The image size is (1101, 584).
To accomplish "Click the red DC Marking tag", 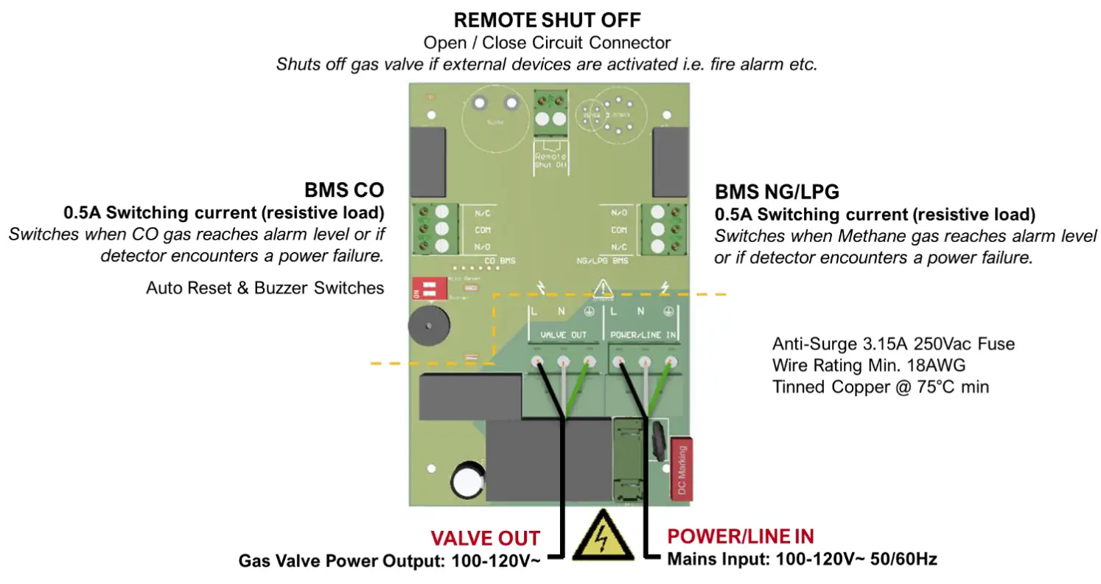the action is (x=682, y=469).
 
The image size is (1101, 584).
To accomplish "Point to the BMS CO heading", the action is (x=343, y=190).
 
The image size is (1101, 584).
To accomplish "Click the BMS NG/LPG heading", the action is (x=777, y=193).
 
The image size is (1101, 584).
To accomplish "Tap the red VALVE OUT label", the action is (x=486, y=538).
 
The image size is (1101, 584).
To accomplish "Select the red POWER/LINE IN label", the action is (x=741, y=536).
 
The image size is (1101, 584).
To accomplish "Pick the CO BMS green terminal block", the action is (x=433, y=229).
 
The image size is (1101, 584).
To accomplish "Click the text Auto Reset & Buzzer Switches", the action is (x=265, y=288).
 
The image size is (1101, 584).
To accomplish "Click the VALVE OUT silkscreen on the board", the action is (x=564, y=335).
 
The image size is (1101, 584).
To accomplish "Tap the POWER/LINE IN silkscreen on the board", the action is (x=643, y=335).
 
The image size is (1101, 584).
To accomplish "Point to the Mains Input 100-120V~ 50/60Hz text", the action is (x=802, y=559).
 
